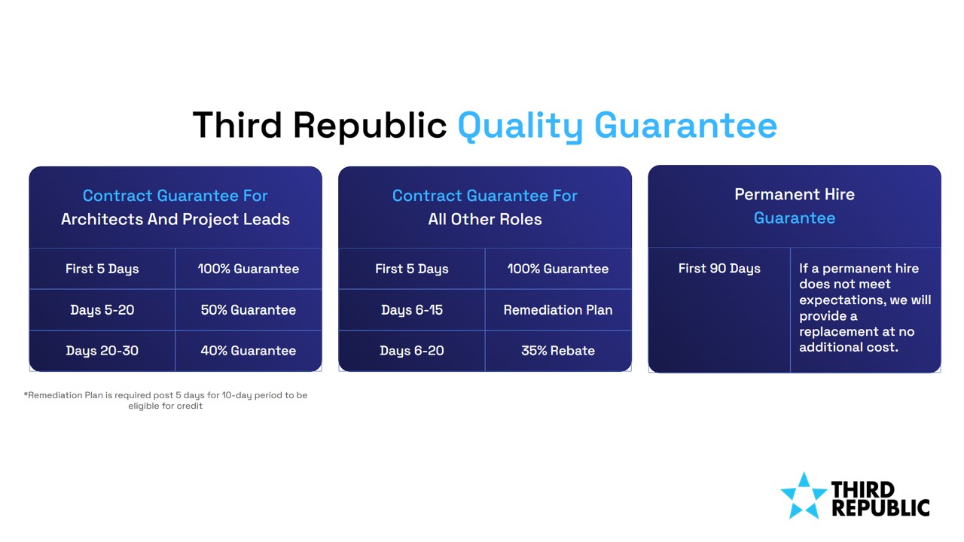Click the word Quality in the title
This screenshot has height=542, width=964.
(x=520, y=126)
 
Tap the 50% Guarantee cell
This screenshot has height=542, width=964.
(x=249, y=309)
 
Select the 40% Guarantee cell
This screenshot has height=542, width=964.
(x=249, y=351)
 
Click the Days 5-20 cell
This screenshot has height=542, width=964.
(x=102, y=309)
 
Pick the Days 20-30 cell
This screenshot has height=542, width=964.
(x=102, y=351)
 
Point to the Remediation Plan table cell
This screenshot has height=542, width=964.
(x=558, y=309)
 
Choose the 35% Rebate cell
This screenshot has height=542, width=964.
(x=558, y=351)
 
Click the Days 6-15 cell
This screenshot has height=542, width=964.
(x=412, y=309)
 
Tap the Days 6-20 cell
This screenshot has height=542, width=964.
(x=412, y=351)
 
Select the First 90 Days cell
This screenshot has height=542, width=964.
(x=719, y=309)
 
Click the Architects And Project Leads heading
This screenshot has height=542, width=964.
(x=175, y=219)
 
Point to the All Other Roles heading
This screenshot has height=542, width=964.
(x=485, y=219)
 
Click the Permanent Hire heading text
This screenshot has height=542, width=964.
(x=795, y=194)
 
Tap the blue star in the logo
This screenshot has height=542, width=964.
(x=804, y=496)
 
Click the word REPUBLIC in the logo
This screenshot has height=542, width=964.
(x=880, y=507)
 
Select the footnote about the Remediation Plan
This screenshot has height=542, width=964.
(x=166, y=400)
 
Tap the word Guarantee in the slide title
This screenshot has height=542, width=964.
(x=685, y=126)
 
